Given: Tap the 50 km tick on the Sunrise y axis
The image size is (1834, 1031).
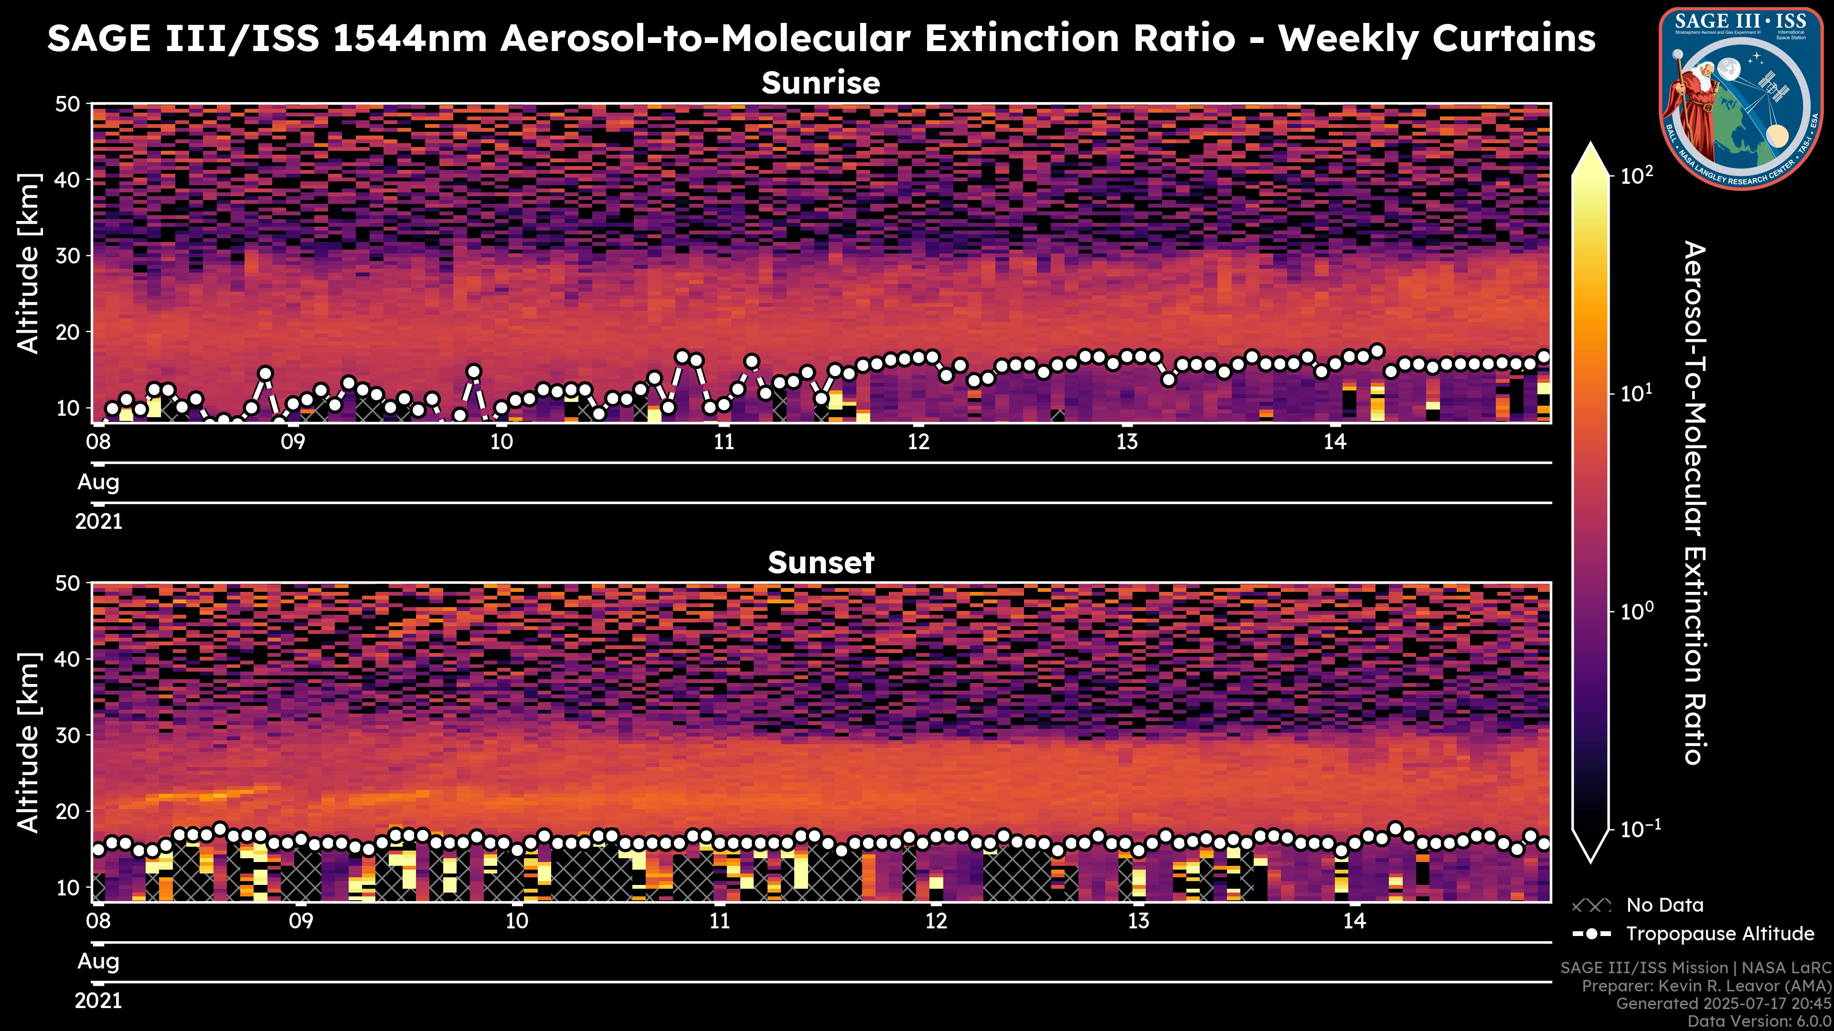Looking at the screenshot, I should tap(71, 105).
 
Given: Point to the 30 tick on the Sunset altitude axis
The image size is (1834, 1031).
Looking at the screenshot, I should tap(71, 735).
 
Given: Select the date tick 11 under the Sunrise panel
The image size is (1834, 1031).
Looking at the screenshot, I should tap(724, 442).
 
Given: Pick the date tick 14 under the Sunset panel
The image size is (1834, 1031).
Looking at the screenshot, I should tap(1354, 921).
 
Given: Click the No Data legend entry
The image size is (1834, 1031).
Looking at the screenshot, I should tap(1664, 905).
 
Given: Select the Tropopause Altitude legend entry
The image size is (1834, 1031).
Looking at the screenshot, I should tap(1719, 934).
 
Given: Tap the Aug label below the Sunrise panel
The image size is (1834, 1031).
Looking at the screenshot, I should tap(98, 483).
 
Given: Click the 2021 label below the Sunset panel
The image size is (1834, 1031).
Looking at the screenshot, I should tap(98, 1001).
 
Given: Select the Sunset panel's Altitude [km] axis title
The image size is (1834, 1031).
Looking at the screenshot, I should tap(29, 742).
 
